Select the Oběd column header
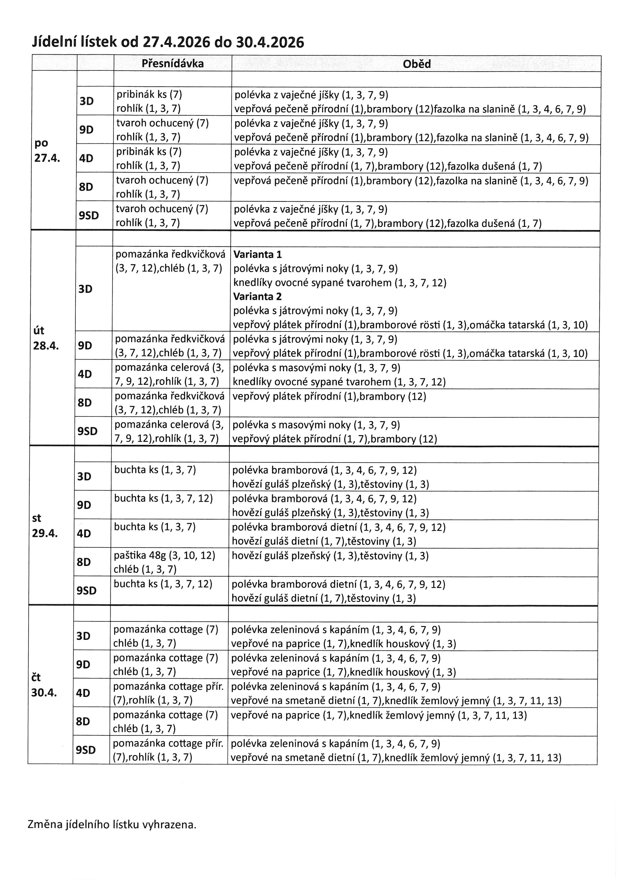tap(417, 64)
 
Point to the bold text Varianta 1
tap(257, 254)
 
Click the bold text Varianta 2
tap(257, 296)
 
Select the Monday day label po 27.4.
tap(47, 150)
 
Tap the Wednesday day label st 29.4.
tap(45, 525)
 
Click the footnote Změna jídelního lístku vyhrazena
tap(112, 825)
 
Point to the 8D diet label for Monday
tap(86, 187)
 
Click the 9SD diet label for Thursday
tap(86, 750)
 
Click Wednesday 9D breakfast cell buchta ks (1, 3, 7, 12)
tap(164, 498)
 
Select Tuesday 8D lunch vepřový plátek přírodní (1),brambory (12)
tap(329, 396)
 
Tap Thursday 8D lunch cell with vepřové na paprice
tap(378, 715)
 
